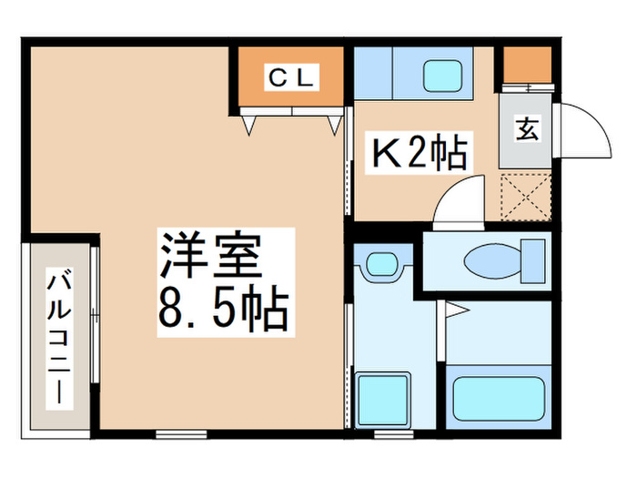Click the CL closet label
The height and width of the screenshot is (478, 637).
click(x=290, y=78)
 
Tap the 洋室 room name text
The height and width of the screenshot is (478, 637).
click(x=212, y=258)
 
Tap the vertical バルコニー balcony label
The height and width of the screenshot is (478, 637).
click(x=60, y=337)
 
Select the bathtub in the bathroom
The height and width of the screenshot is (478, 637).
click(x=497, y=395)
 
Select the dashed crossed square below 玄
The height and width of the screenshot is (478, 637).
click(x=527, y=197)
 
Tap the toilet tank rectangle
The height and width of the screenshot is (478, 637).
click(x=532, y=261)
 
